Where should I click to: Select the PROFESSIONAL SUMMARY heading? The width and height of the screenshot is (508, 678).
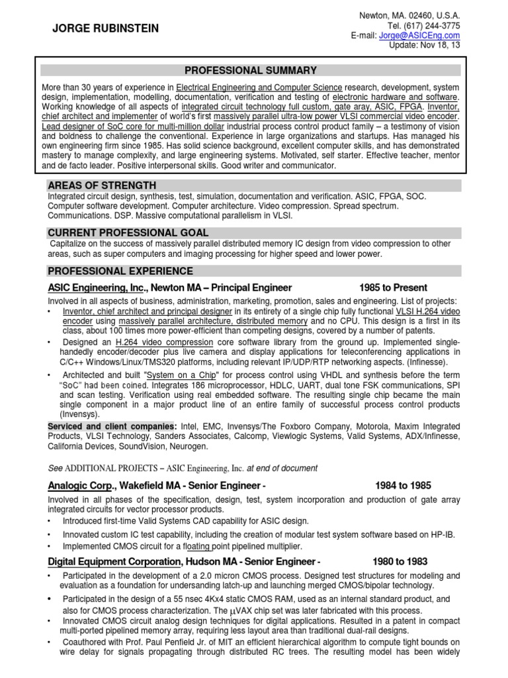pyautogui.click(x=251, y=70)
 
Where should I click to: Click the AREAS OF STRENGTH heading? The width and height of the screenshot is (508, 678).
pyautogui.click(x=102, y=185)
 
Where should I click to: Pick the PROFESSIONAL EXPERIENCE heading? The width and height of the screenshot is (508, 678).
pyautogui.click(x=120, y=271)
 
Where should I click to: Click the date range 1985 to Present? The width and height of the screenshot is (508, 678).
pyautogui.click(x=393, y=287)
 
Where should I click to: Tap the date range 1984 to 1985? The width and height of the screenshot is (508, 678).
pyautogui.click(x=403, y=486)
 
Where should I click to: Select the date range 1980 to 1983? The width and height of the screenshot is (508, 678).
pyautogui.click(x=400, y=561)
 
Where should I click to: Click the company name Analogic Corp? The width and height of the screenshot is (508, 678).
pyautogui.click(x=77, y=486)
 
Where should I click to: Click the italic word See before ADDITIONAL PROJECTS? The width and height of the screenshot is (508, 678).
pyautogui.click(x=55, y=468)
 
